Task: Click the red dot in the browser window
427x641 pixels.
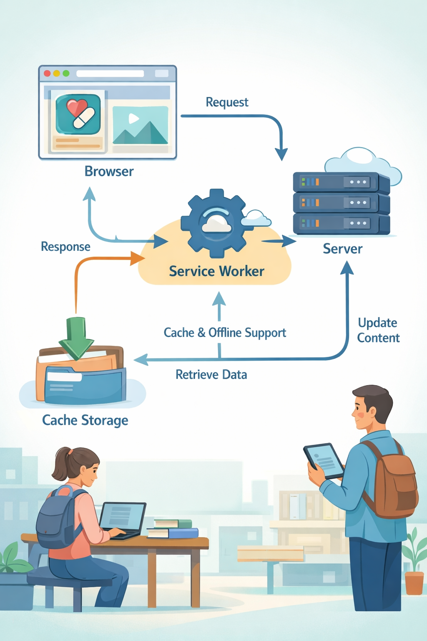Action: pos(47,73)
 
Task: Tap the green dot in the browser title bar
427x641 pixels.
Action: pos(66,73)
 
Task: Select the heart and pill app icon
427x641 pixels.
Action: pos(78,114)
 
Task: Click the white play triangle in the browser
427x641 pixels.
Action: pos(133,119)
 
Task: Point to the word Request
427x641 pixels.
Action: pos(227,102)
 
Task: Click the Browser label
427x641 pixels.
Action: pos(109,172)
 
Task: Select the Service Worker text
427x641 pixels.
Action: pos(216,271)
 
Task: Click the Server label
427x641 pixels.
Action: pos(342,249)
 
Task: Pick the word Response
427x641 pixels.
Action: pos(65,247)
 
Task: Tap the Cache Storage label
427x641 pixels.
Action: pos(85,420)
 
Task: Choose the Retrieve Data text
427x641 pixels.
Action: pos(211,375)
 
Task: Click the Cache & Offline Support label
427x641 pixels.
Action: pos(225,333)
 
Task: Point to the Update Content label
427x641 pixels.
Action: pos(378,330)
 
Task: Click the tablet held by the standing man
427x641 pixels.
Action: pos(324,461)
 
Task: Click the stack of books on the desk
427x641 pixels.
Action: pos(173,528)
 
